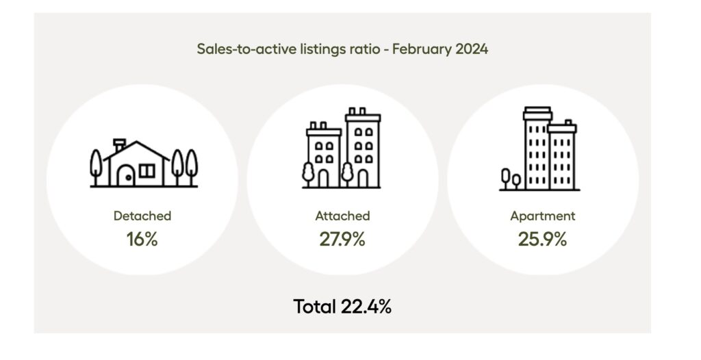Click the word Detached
pyautogui.click(x=142, y=216)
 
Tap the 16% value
pyautogui.click(x=142, y=240)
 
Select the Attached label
pyautogui.click(x=342, y=216)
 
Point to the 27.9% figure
pyautogui.click(x=342, y=240)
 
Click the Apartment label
pyautogui.click(x=543, y=216)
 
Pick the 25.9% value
pyautogui.click(x=543, y=240)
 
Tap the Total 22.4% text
pyautogui.click(x=342, y=307)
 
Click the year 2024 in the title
pyautogui.click(x=471, y=49)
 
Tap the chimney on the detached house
pyautogui.click(x=120, y=146)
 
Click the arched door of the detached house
pyautogui.click(x=125, y=177)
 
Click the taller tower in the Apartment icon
pyautogui.click(x=537, y=151)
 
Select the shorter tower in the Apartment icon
pyautogui.click(x=562, y=157)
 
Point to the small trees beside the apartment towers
pyautogui.click(x=511, y=178)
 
